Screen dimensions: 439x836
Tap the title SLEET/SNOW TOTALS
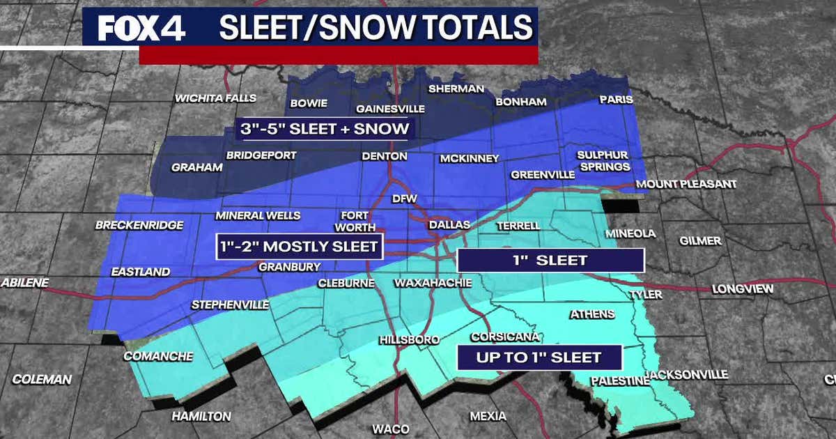point(376,28)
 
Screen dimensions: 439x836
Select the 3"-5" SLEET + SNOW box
point(324,128)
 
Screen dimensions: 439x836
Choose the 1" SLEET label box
point(550,261)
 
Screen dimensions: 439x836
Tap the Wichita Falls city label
point(216,98)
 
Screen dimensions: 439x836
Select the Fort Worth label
point(358,222)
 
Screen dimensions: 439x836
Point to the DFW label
point(404,199)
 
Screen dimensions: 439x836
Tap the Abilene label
point(25,283)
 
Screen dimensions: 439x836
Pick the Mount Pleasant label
point(686,184)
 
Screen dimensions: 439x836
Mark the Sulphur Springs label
point(603,161)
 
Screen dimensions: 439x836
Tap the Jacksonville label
point(687,375)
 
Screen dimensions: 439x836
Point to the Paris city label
point(616,100)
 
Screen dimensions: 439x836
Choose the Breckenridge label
point(139,225)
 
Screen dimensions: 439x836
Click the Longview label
point(743,289)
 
